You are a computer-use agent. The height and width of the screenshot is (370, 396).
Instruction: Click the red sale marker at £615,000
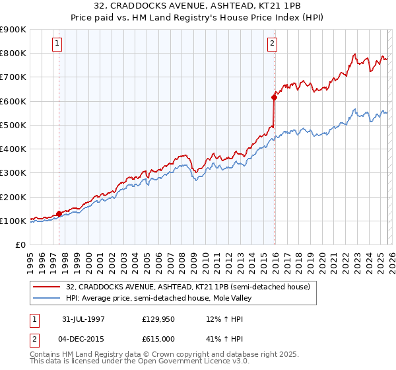(x=274, y=97)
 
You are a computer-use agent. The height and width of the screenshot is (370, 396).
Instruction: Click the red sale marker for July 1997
(x=59, y=213)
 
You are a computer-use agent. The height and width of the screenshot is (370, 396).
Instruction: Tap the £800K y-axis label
(x=13, y=53)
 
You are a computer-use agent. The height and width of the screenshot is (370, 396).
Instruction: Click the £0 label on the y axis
(x=20, y=245)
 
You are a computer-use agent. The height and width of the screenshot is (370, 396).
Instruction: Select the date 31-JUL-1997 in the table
(x=86, y=318)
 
